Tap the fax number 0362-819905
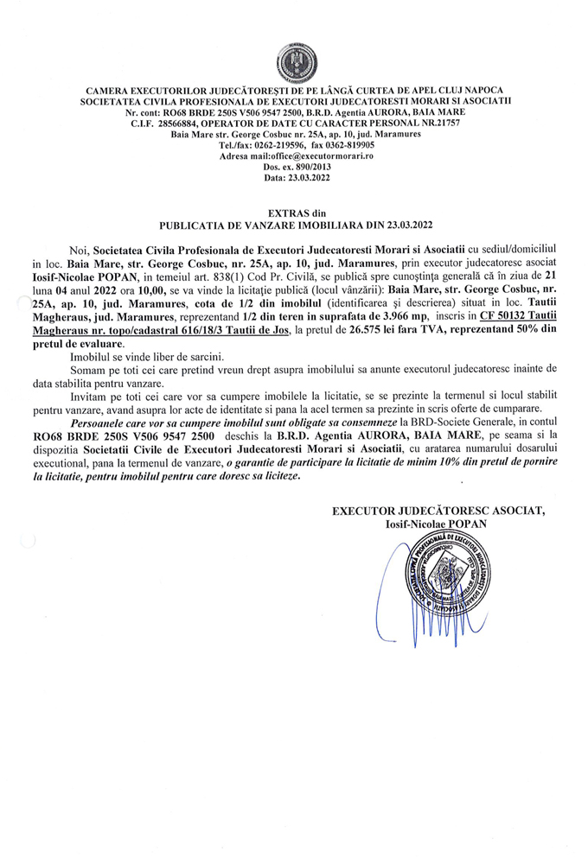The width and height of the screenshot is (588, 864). pyautogui.click(x=344, y=145)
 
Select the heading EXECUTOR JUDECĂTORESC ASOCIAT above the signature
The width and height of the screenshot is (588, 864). pyautogui.click(x=439, y=511)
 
